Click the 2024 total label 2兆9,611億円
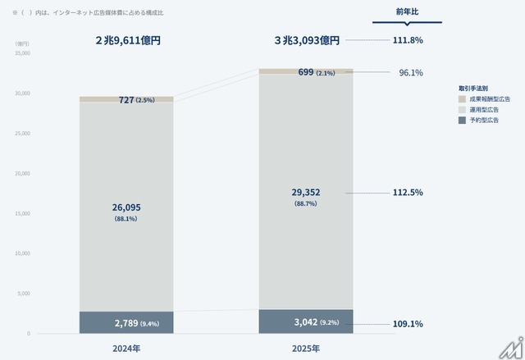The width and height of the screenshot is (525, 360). coord(128,39)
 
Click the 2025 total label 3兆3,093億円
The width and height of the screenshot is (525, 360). coord(306,39)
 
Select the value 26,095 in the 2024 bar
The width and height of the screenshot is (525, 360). coord(126,207)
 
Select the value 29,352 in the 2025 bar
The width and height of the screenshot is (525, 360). coord(306,192)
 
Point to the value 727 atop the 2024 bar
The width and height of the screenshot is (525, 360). coord(126,100)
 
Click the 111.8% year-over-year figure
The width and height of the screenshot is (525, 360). coord(408,39)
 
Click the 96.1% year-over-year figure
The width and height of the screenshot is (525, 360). coord(410,73)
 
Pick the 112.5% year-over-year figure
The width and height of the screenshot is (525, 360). coord(408,193)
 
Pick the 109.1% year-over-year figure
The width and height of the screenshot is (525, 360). coord(408,324)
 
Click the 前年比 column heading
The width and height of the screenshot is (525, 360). coord(408,11)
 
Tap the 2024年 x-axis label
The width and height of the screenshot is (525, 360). coord(126,348)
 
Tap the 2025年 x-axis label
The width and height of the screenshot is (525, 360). coord(306,348)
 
